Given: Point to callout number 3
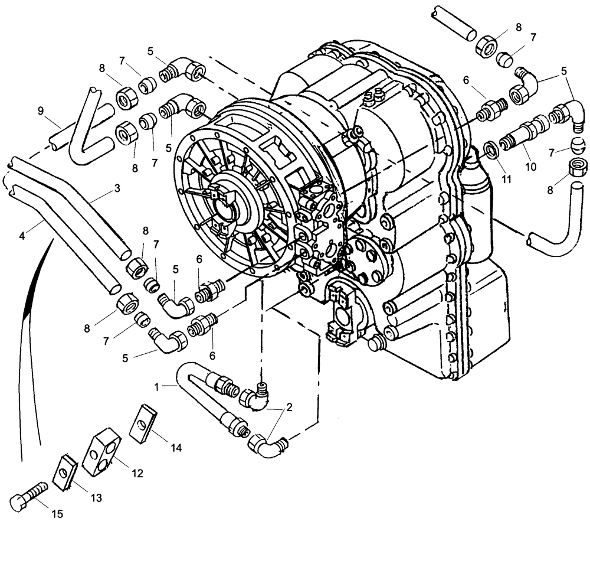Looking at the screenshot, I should click(x=117, y=189).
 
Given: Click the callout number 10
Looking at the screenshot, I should click(x=530, y=167).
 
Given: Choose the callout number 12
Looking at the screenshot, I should click(x=137, y=473).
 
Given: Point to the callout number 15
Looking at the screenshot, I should click(x=57, y=514).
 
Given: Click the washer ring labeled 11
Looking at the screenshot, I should click(x=490, y=148).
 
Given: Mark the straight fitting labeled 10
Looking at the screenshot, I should click(x=522, y=133).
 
